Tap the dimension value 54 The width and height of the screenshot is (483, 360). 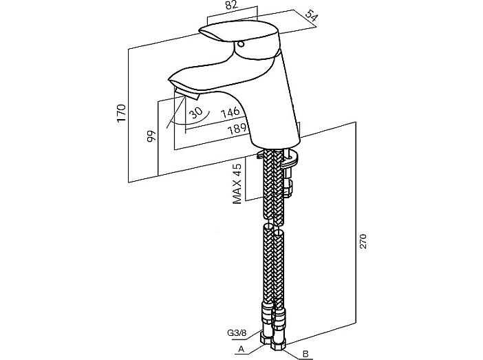click(312, 16)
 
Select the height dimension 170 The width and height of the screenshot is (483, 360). click(121, 113)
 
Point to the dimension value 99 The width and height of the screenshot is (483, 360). click(151, 136)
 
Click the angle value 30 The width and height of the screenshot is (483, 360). click(195, 112)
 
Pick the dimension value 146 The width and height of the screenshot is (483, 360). click(230, 112)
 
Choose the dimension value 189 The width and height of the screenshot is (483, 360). click(237, 128)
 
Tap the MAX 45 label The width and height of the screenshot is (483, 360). click(237, 184)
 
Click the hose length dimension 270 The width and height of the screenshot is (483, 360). click(363, 241)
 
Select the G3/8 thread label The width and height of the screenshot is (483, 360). click(237, 333)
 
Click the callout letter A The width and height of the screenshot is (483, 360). click(241, 349)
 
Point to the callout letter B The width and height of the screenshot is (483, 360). click(305, 354)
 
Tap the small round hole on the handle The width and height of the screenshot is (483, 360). click(241, 44)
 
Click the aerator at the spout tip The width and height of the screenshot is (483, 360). click(186, 93)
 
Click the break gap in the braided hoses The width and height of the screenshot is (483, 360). click(274, 224)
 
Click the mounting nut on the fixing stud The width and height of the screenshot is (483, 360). click(288, 188)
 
